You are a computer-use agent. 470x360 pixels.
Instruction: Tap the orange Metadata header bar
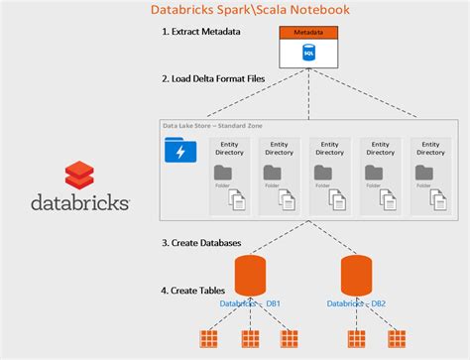tap(307, 33)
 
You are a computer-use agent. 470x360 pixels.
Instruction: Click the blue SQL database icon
tap(307, 52)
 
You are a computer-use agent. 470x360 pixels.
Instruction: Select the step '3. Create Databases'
tap(202, 242)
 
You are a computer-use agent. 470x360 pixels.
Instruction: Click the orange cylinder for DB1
tap(252, 276)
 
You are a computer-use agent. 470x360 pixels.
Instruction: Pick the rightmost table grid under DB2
tap(395, 339)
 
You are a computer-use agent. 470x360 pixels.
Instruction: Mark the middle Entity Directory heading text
tap(327, 148)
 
